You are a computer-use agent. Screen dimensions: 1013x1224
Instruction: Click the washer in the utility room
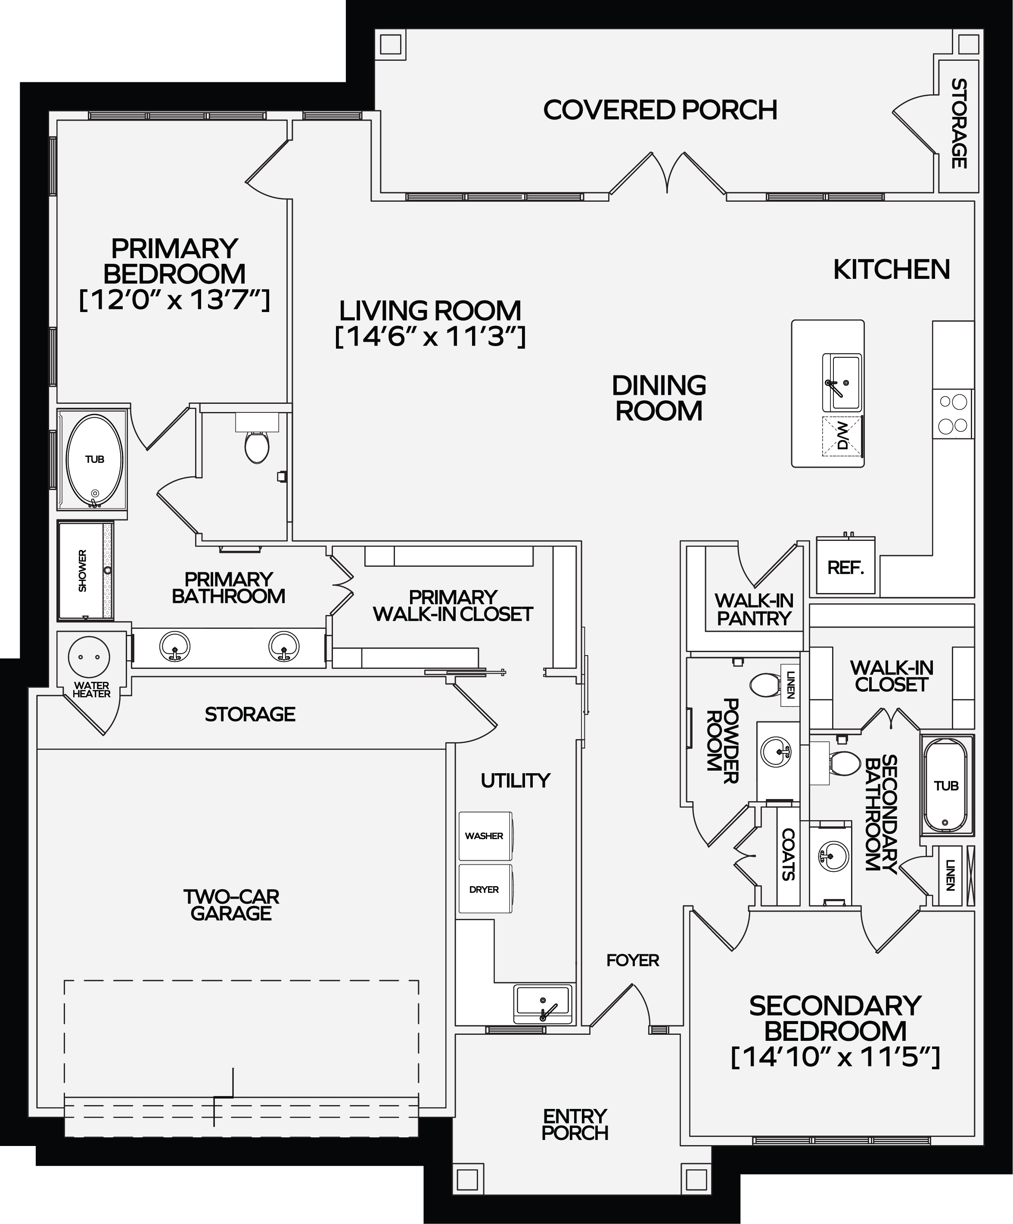pos(485,836)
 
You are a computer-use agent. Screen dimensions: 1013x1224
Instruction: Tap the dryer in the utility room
pos(485,889)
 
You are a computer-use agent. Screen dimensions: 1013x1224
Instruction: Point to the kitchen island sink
pos(841,382)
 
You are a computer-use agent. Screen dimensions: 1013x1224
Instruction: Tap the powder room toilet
pos(765,685)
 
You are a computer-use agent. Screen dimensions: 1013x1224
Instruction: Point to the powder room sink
pos(777,752)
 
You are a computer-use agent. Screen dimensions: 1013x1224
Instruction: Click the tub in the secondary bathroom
pos(946,785)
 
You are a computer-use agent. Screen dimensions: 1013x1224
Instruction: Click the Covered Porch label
pos(660,109)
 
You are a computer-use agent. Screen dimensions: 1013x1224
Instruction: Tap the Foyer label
pos(633,960)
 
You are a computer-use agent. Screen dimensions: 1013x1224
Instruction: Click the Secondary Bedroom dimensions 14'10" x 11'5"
pos(835,1057)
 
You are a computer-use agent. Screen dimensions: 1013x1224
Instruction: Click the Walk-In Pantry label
pos(754,609)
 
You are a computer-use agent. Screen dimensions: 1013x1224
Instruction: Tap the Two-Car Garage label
pos(231,905)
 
